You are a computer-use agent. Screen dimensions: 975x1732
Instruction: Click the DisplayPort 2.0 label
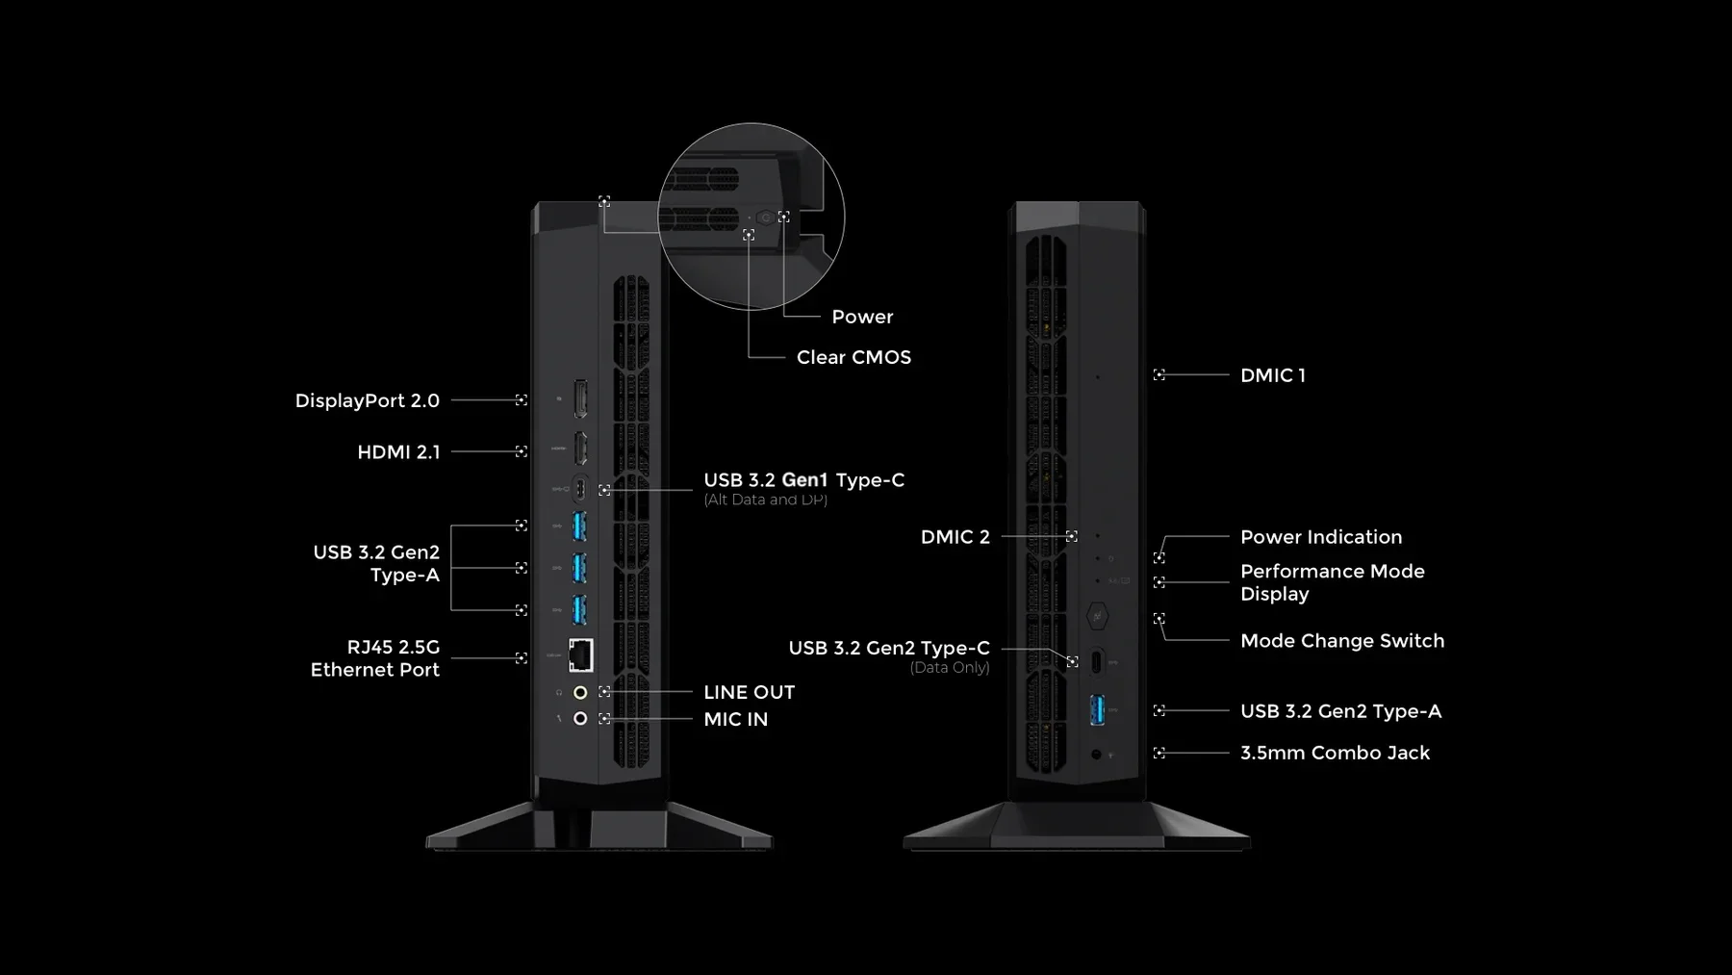[367, 400]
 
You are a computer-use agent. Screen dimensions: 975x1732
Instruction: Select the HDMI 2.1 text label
[398, 452]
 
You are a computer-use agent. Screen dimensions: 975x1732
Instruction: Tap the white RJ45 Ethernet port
[580, 655]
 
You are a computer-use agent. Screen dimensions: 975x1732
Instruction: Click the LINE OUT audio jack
[580, 692]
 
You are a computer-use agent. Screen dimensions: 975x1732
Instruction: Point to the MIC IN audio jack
[580, 719]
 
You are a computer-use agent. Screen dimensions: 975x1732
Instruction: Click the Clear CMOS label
[853, 357]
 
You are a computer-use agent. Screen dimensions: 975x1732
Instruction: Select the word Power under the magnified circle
[862, 317]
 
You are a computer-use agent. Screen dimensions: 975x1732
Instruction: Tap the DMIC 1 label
[1272, 375]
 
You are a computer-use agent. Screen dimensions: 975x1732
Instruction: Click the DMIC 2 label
[955, 537]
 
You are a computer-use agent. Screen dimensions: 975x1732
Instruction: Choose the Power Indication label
[1320, 537]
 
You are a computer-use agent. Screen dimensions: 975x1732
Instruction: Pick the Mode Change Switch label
[1341, 641]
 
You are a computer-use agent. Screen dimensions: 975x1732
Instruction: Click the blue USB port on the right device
[1097, 710]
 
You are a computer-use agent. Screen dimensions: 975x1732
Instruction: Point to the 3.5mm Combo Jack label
[1335, 753]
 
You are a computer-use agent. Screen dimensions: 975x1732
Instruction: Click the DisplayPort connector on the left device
[580, 398]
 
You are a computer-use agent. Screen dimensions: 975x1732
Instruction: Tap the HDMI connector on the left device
[580, 449]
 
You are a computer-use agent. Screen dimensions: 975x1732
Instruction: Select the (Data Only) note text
[949, 668]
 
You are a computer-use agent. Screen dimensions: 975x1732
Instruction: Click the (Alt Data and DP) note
[765, 500]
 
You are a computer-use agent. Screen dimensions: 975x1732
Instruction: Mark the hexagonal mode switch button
[1097, 615]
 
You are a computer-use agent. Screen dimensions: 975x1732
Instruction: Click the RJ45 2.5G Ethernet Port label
[375, 658]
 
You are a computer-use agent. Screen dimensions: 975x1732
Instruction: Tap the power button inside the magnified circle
[766, 218]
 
